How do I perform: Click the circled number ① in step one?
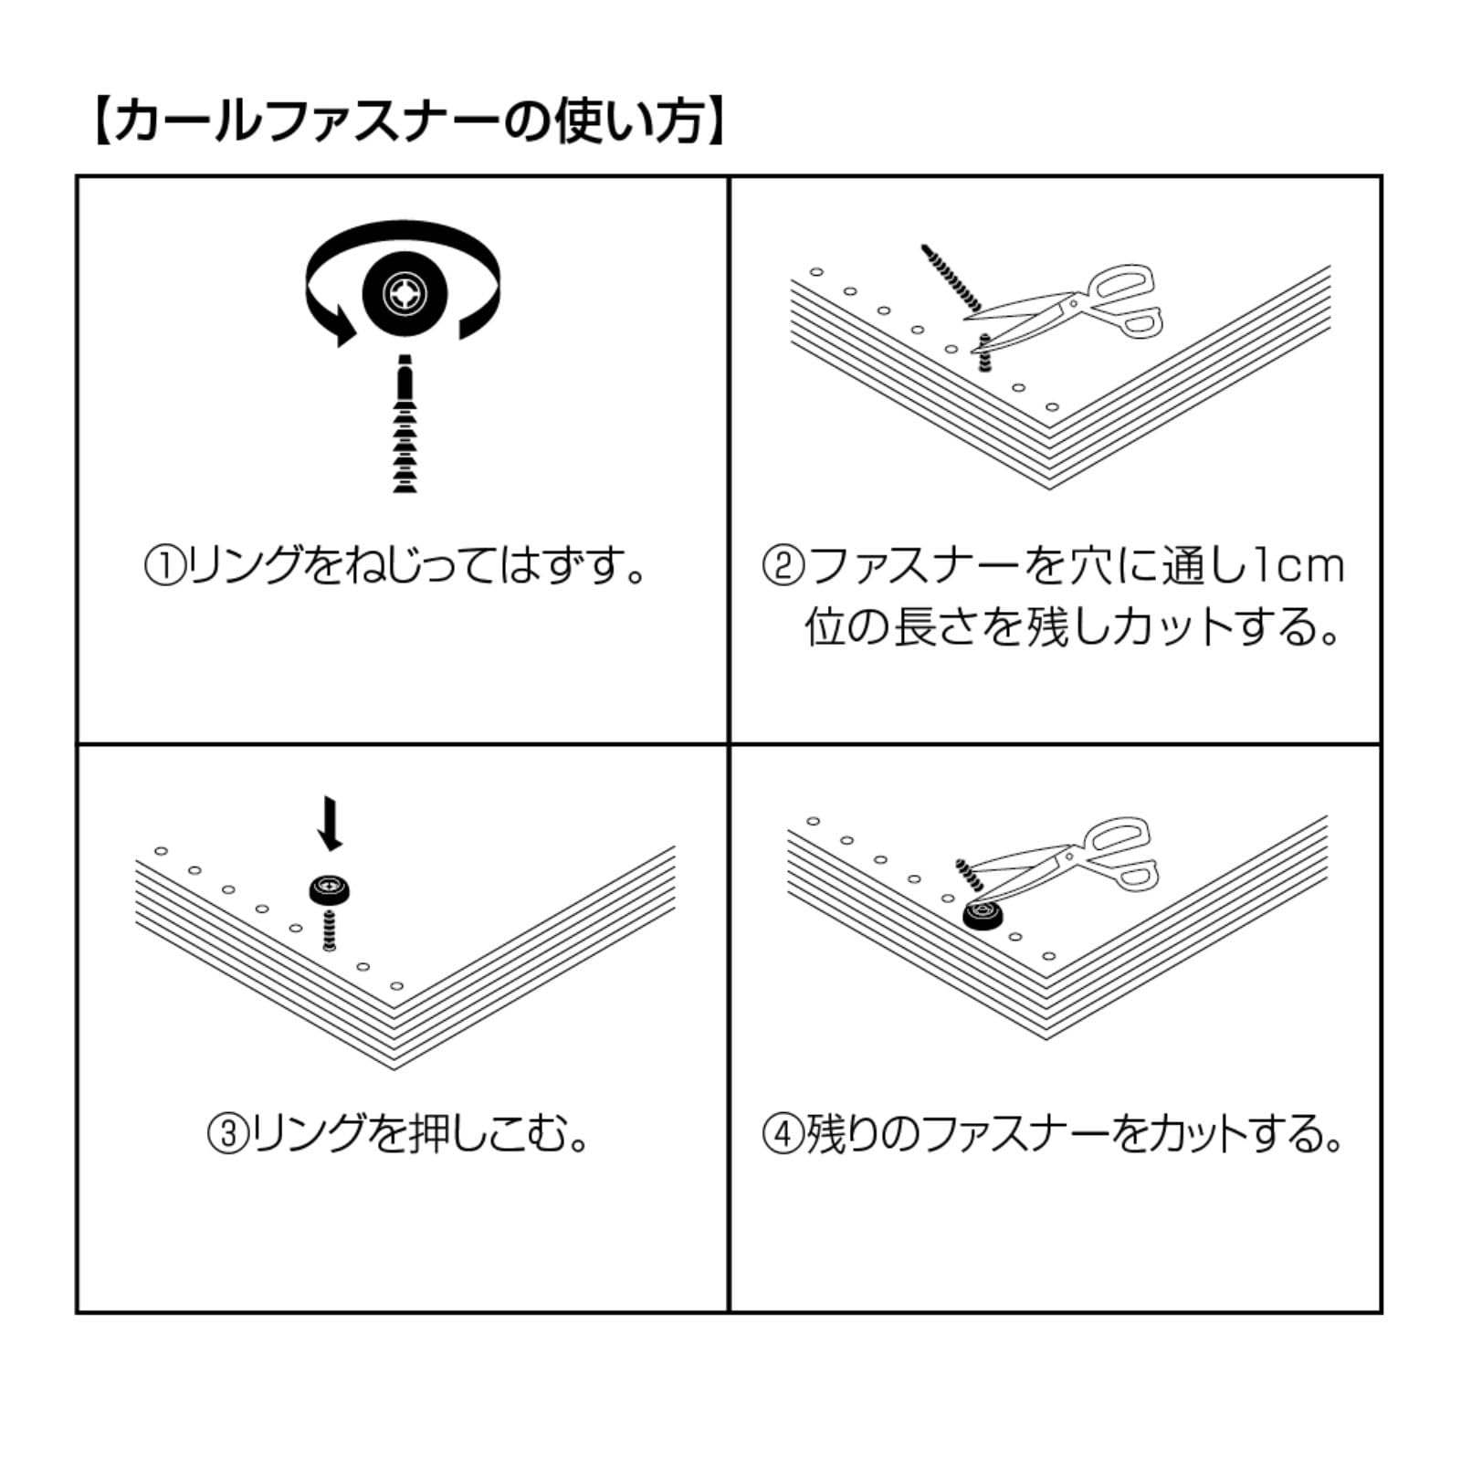coord(165,567)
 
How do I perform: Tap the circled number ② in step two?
coord(783,567)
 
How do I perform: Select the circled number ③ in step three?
coord(228,1135)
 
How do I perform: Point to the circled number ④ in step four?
coord(783,1135)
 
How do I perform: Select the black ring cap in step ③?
coord(330,888)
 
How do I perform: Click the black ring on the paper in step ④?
coord(983,915)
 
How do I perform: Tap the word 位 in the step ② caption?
coord(825,628)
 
